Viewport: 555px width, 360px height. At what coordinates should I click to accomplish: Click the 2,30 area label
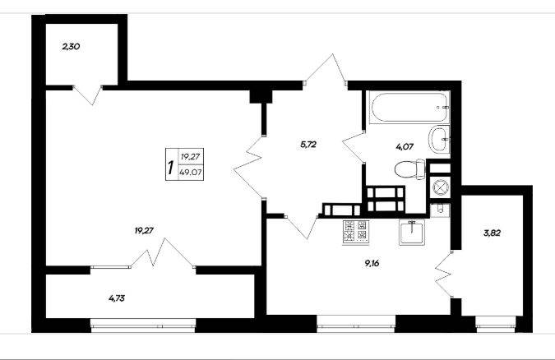click(x=71, y=46)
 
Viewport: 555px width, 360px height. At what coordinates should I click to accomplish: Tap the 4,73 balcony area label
click(x=117, y=298)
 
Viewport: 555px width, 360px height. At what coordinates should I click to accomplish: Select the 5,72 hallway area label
click(x=308, y=144)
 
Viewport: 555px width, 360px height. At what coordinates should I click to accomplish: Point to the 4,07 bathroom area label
click(x=405, y=146)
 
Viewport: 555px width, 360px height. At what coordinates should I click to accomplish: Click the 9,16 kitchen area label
click(x=372, y=263)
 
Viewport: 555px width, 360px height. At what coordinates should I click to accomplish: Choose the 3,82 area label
click(x=492, y=233)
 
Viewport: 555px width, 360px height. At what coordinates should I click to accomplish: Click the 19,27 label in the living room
click(x=144, y=230)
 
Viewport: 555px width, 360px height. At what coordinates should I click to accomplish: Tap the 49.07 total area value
click(x=191, y=173)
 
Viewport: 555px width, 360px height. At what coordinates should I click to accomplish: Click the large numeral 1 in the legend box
click(x=171, y=168)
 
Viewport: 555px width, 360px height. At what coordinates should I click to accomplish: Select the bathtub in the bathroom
click(x=409, y=107)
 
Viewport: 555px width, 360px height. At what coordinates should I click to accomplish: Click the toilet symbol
click(x=410, y=169)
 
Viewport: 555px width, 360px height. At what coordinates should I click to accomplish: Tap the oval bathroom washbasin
click(x=439, y=140)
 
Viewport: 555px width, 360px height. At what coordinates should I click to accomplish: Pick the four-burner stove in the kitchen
click(x=355, y=232)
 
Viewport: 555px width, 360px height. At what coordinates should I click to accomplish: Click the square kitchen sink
click(x=412, y=232)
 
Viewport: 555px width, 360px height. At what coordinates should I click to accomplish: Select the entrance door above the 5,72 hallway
click(x=326, y=69)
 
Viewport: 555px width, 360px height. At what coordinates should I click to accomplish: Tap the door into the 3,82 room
click(x=444, y=274)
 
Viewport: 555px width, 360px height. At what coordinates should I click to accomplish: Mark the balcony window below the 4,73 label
click(x=143, y=325)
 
